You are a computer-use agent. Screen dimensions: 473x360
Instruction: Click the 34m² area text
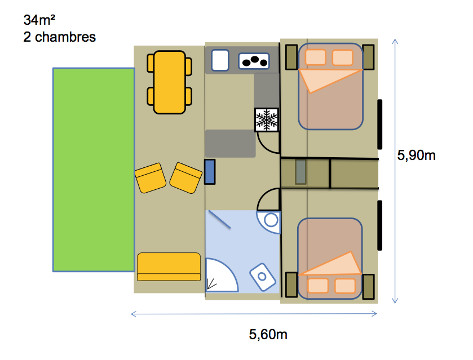(x=39, y=20)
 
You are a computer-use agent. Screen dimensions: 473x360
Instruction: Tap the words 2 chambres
(x=59, y=37)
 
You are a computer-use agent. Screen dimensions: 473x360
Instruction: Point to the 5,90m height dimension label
(x=416, y=155)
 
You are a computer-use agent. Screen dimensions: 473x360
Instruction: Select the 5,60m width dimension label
(x=268, y=334)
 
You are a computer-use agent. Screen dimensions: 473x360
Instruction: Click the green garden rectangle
(x=94, y=170)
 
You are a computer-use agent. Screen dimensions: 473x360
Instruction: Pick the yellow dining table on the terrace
(x=170, y=82)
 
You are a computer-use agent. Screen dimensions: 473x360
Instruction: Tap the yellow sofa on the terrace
(x=169, y=267)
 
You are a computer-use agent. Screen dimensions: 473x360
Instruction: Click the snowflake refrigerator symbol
(x=267, y=119)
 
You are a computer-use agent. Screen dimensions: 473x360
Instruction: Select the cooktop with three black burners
(x=254, y=61)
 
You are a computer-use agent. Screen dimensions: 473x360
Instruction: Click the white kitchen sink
(x=220, y=60)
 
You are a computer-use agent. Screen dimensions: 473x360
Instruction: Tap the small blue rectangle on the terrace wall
(x=210, y=172)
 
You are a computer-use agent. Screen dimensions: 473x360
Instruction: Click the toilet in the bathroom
(x=263, y=277)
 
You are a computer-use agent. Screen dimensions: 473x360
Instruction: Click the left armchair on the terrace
(x=150, y=178)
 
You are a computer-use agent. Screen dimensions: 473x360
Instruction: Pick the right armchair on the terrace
(x=186, y=178)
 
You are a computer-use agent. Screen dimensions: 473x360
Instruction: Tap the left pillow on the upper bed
(x=315, y=57)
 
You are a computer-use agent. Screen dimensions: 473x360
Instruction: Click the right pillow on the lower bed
(x=345, y=286)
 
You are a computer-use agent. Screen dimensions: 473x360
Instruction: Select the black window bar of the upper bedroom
(x=380, y=124)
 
